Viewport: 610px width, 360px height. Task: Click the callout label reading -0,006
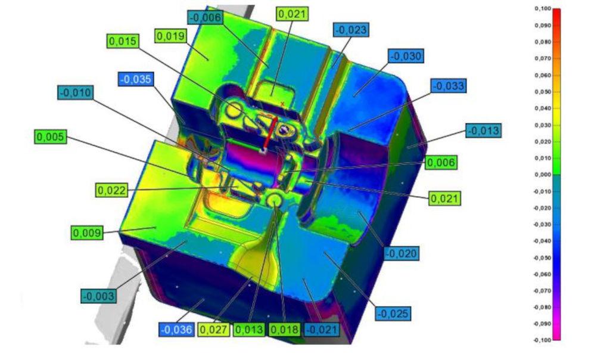point(205,17)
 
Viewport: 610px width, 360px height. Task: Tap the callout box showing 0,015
point(123,41)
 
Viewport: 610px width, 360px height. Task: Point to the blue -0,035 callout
point(136,79)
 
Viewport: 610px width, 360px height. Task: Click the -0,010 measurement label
point(76,92)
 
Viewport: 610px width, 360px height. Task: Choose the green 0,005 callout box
point(51,136)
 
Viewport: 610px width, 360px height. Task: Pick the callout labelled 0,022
point(112,190)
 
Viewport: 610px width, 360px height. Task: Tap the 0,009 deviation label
point(87,232)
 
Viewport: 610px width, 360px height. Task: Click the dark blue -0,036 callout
point(176,330)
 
